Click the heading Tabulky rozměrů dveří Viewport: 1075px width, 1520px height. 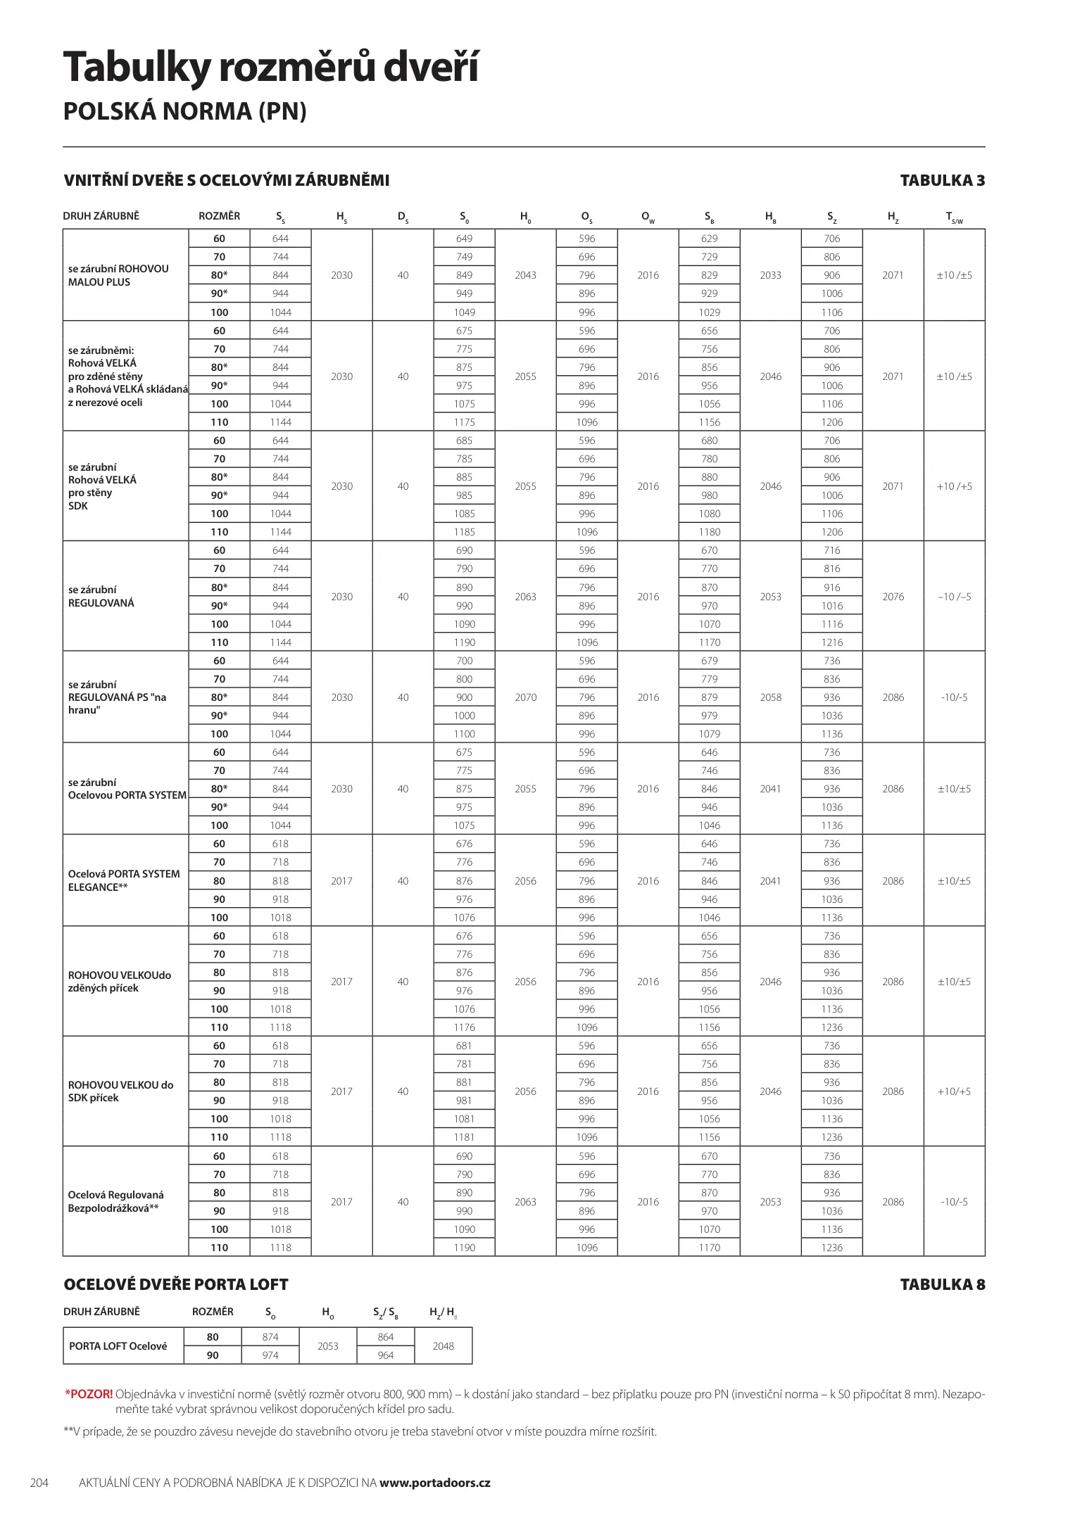pyautogui.click(x=271, y=68)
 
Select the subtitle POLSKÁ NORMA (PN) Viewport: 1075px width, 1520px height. pyautogui.click(x=185, y=111)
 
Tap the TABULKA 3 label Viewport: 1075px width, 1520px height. pyautogui.click(x=942, y=181)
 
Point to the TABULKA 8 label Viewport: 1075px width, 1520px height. pyautogui.click(x=942, y=1284)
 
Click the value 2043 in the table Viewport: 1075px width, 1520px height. pyautogui.click(x=525, y=275)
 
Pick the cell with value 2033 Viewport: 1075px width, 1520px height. pyautogui.click(x=770, y=275)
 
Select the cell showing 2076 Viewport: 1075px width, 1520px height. pyautogui.click(x=893, y=597)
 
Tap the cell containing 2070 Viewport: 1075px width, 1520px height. pyautogui.click(x=525, y=697)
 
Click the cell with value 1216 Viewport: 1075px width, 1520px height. pyautogui.click(x=831, y=642)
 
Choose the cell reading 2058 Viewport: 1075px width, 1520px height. pyautogui.click(x=770, y=697)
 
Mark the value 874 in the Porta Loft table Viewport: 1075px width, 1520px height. pyautogui.click(x=270, y=1337)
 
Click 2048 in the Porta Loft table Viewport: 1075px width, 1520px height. pyautogui.click(x=443, y=1346)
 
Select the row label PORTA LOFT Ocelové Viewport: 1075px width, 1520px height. pyautogui.click(x=118, y=1346)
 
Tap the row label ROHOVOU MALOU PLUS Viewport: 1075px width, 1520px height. pyautogui.click(x=118, y=275)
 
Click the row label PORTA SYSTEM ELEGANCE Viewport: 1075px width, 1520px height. pyautogui.click(x=123, y=880)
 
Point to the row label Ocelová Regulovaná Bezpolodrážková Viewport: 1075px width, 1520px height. pyautogui.click(x=115, y=1201)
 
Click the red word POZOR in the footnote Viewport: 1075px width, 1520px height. pyautogui.click(x=90, y=1394)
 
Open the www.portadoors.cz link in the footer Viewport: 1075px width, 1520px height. pyautogui.click(x=434, y=1483)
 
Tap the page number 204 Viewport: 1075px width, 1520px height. pyautogui.click(x=39, y=1483)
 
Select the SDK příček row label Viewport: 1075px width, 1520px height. pyautogui.click(x=120, y=1091)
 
